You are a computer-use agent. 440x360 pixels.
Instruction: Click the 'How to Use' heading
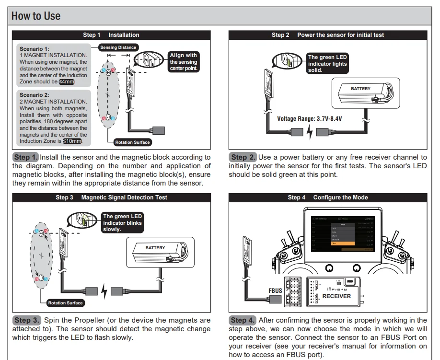pos(36,16)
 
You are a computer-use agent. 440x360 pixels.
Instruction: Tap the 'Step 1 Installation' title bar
pos(111,35)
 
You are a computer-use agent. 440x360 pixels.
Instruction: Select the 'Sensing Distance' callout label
pos(118,47)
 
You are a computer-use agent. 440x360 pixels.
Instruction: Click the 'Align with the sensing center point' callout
pos(183,62)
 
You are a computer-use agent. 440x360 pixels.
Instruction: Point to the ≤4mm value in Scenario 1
pos(67,82)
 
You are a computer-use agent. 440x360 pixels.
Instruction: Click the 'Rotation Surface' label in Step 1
pos(132,142)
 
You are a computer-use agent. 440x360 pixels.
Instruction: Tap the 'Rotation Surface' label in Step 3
pos(65,303)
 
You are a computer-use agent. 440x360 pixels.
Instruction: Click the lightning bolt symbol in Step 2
pos(309,132)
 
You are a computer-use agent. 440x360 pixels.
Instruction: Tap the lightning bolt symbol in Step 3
pos(104,291)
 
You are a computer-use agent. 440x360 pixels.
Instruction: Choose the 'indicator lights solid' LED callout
pos(327,64)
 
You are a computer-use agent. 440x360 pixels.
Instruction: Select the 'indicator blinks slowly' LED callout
pos(123,223)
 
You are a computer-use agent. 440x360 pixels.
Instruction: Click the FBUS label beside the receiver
pos(275,290)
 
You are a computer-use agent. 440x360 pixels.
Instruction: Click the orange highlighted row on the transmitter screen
pos(343,244)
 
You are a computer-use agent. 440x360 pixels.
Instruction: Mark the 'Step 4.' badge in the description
pos(243,320)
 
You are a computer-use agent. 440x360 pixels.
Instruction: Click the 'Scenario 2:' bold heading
pos(34,95)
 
